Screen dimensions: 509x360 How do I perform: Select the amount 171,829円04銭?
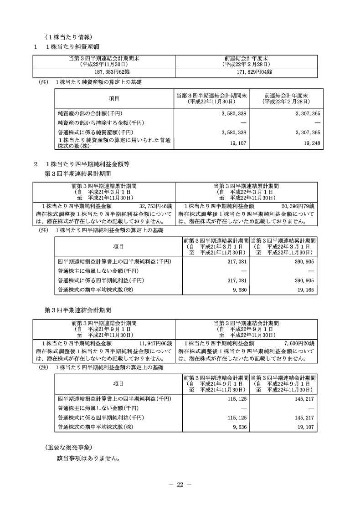point(247,72)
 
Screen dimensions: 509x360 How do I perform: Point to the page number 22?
point(180,484)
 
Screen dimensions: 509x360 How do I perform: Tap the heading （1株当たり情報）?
point(69,36)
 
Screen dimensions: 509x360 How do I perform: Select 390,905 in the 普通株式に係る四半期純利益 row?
point(304,280)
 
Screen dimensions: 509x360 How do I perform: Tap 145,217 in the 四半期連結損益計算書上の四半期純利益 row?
point(304,398)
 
